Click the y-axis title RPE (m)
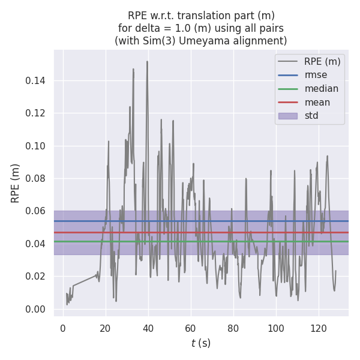16,182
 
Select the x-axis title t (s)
201,344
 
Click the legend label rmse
316,75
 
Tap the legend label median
321,89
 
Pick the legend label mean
317,102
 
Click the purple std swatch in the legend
288,116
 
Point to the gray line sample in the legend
288,61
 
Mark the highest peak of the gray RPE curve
147,61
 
